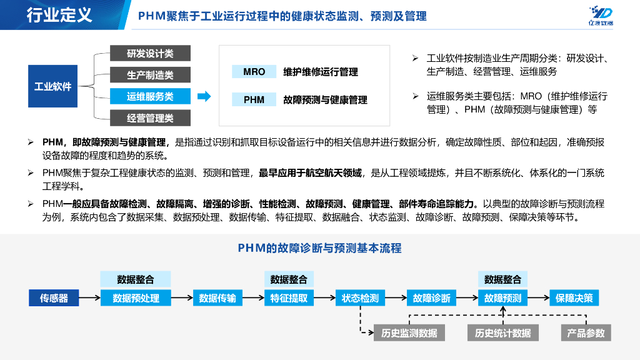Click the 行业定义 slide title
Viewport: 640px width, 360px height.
coord(59,15)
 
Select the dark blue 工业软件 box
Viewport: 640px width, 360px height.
coord(52,86)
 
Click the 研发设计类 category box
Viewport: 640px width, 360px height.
coord(150,54)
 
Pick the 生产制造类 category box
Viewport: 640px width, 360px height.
coord(150,75)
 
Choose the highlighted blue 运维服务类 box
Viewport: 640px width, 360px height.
coord(150,96)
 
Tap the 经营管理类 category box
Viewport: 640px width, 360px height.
coord(150,117)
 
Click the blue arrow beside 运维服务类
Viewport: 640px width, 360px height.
coord(203,96)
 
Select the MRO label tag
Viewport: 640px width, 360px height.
coord(254,72)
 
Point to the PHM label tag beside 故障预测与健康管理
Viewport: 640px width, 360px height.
coord(254,99)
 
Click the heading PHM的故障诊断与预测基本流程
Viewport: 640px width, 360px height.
coord(319,248)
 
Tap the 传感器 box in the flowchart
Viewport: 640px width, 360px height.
coord(54,298)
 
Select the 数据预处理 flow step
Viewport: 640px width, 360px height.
coord(136,298)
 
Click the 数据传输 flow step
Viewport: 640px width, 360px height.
coord(217,298)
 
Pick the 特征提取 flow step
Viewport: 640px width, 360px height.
coord(289,298)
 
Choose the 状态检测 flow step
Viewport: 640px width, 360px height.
coord(360,298)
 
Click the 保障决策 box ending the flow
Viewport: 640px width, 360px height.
coord(574,298)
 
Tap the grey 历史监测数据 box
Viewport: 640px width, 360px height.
coord(409,333)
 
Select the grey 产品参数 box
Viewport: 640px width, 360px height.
coord(586,333)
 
